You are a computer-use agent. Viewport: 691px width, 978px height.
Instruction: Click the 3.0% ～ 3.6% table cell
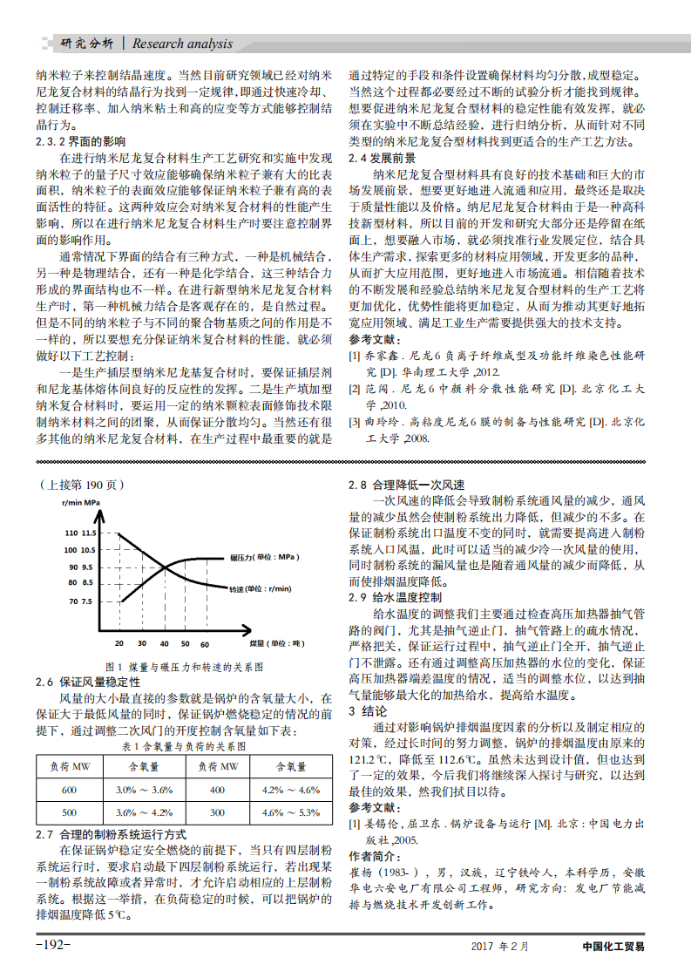coord(144,790)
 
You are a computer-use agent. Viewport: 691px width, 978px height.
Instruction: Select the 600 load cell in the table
coord(69,790)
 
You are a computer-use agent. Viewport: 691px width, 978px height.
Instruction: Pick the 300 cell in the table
coord(218,812)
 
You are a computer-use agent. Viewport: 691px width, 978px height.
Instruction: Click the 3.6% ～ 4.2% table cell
coord(144,812)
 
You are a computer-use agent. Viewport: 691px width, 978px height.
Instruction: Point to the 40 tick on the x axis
coord(164,644)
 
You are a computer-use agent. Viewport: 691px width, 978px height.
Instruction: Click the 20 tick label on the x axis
coord(118,644)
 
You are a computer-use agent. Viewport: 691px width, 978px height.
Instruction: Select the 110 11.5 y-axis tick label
coord(79,533)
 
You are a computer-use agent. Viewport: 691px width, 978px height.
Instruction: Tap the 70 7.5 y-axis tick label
coord(79,601)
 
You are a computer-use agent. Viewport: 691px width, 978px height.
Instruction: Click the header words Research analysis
coord(182,44)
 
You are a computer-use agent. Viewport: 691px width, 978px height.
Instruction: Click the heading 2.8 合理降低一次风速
coord(405,485)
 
